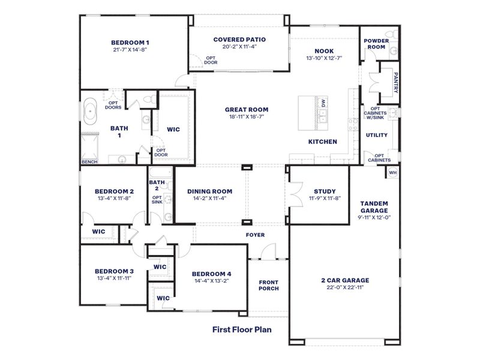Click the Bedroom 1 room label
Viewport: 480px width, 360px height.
click(x=130, y=43)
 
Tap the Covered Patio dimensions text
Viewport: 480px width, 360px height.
click(x=239, y=47)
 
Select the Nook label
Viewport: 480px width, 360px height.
click(x=324, y=51)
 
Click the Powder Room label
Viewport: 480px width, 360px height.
click(x=376, y=44)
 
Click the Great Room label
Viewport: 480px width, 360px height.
click(x=247, y=109)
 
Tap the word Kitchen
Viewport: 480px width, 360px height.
click(x=323, y=142)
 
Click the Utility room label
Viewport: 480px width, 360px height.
click(x=377, y=135)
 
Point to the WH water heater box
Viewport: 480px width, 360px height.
click(x=393, y=173)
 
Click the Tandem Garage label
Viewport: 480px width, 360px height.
click(x=374, y=207)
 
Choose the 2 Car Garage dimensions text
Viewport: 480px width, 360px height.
click(x=344, y=287)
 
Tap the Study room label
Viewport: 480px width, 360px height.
click(x=325, y=191)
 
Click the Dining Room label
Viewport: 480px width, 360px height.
click(x=209, y=191)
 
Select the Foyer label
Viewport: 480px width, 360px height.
click(x=255, y=235)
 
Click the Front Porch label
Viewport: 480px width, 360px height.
click(x=269, y=285)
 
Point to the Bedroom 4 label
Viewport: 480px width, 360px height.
click(x=212, y=274)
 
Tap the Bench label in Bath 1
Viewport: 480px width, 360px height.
click(x=89, y=162)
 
